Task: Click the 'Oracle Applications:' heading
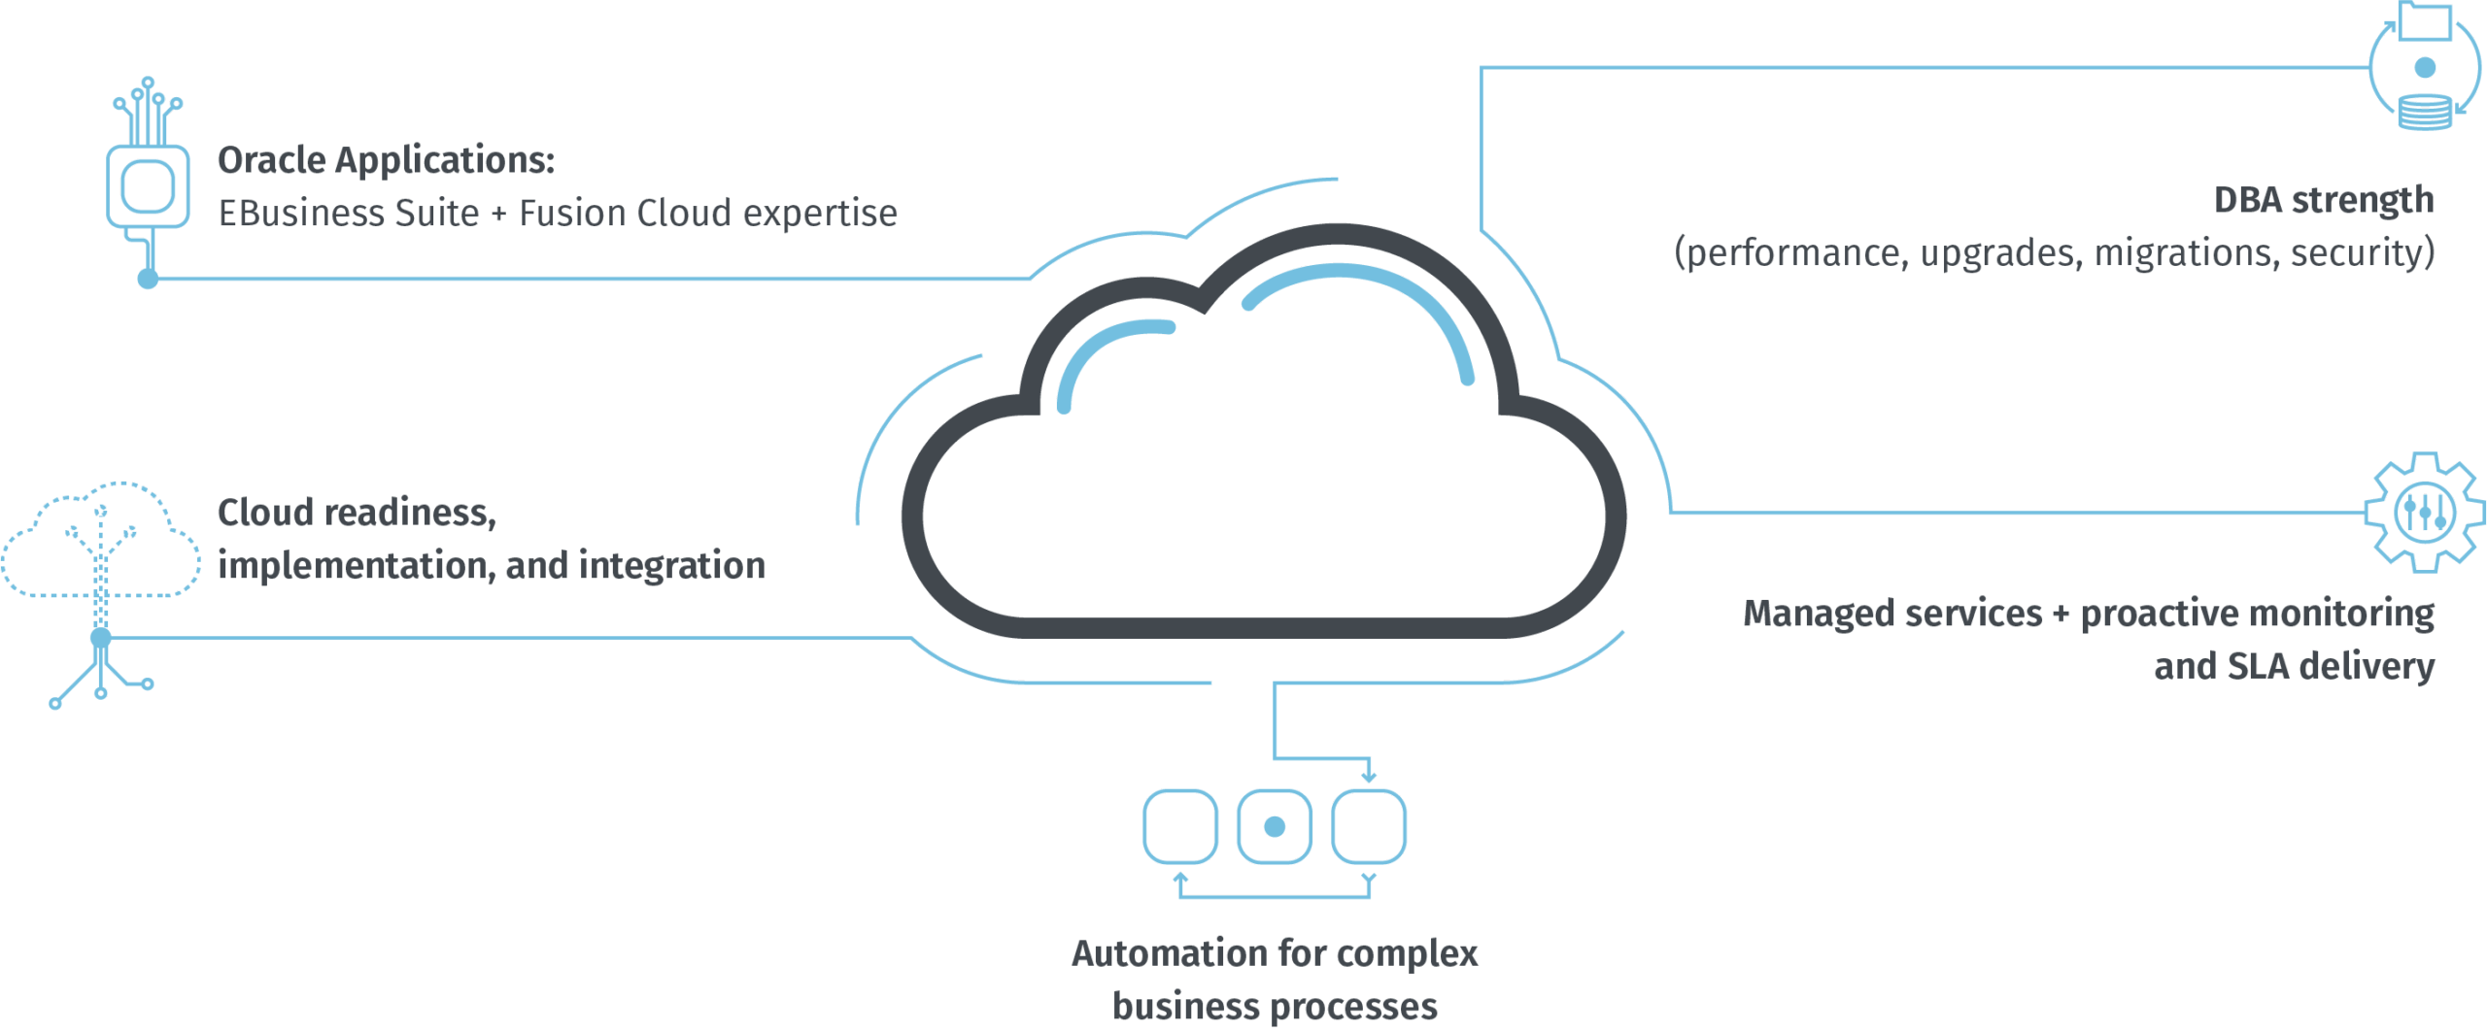tap(386, 161)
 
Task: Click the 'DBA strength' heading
tap(2323, 201)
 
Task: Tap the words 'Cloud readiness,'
tap(357, 513)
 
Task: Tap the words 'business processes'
tap(1275, 1007)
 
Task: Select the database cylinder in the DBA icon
tap(2424, 112)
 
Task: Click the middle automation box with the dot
tap(1275, 826)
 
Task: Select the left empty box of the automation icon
tap(1180, 826)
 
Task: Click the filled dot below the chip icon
tap(148, 280)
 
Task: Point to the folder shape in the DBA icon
tap(2425, 21)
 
